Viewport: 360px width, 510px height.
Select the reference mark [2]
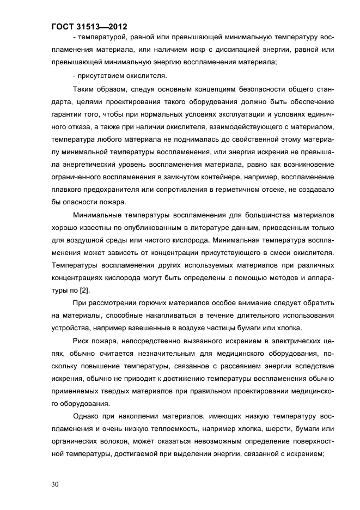tap(84, 290)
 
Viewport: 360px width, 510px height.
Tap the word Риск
tap(82, 341)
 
